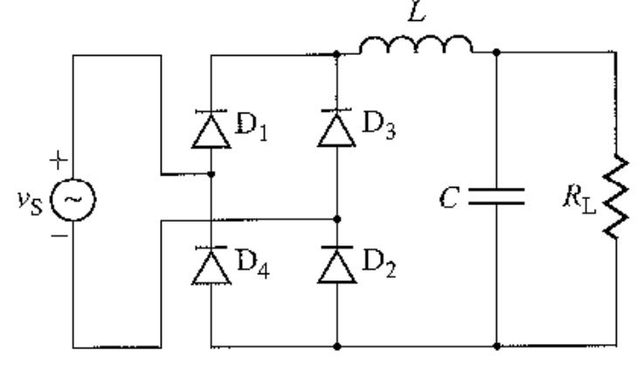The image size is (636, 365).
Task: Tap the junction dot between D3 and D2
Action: point(338,219)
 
